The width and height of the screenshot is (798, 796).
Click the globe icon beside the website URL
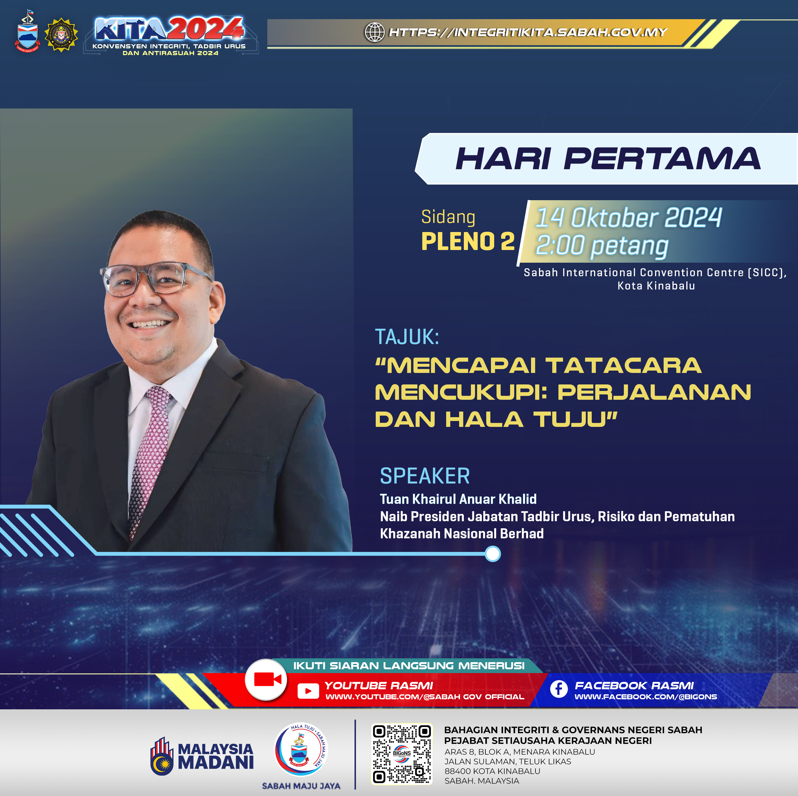(x=375, y=32)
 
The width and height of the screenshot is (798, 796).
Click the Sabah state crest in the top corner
(x=28, y=32)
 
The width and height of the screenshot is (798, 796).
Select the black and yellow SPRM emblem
(x=61, y=35)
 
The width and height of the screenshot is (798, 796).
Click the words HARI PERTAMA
(x=608, y=159)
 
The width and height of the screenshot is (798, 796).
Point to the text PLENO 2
(x=468, y=241)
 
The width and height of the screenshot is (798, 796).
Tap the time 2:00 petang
(x=602, y=246)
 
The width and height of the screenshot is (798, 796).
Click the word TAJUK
(x=407, y=337)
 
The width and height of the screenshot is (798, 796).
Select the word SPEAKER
(x=425, y=476)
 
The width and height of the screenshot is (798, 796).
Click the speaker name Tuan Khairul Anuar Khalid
(x=458, y=499)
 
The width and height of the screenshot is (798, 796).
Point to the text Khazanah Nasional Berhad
(x=462, y=534)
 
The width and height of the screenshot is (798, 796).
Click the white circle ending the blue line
(x=492, y=554)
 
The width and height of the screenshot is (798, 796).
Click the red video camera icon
(x=266, y=680)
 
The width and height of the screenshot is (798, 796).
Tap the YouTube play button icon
(x=308, y=691)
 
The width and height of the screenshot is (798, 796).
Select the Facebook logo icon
(x=559, y=689)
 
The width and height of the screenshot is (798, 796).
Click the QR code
(x=402, y=754)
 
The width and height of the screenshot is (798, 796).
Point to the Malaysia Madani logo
(x=202, y=756)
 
